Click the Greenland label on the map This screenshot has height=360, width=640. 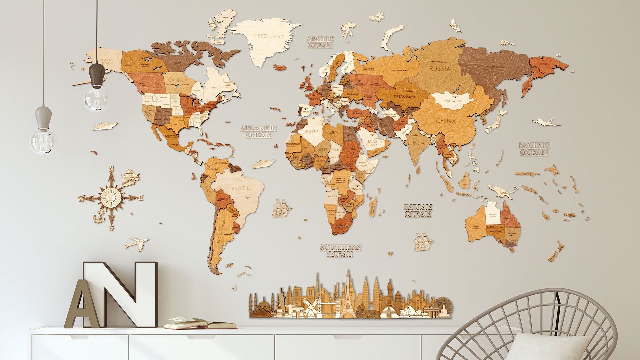pyautogui.click(x=269, y=36)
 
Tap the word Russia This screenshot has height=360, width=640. pyautogui.click(x=440, y=68)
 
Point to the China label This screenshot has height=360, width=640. pyautogui.click(x=445, y=121)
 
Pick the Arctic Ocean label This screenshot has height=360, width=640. pyautogui.click(x=320, y=42)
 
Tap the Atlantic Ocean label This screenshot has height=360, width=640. pyautogui.click(x=258, y=131)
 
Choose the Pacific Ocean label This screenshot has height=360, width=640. pyautogui.click(x=534, y=149)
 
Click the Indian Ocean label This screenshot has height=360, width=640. pyautogui.click(x=418, y=210)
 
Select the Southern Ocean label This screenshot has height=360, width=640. pyautogui.click(x=340, y=251)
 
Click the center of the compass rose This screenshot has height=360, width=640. pyautogui.click(x=111, y=197)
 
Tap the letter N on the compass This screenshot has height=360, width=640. pyautogui.click(x=111, y=168)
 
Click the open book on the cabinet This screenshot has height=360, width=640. pyautogui.click(x=199, y=324)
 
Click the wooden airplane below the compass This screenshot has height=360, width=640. pyautogui.click(x=136, y=244)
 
